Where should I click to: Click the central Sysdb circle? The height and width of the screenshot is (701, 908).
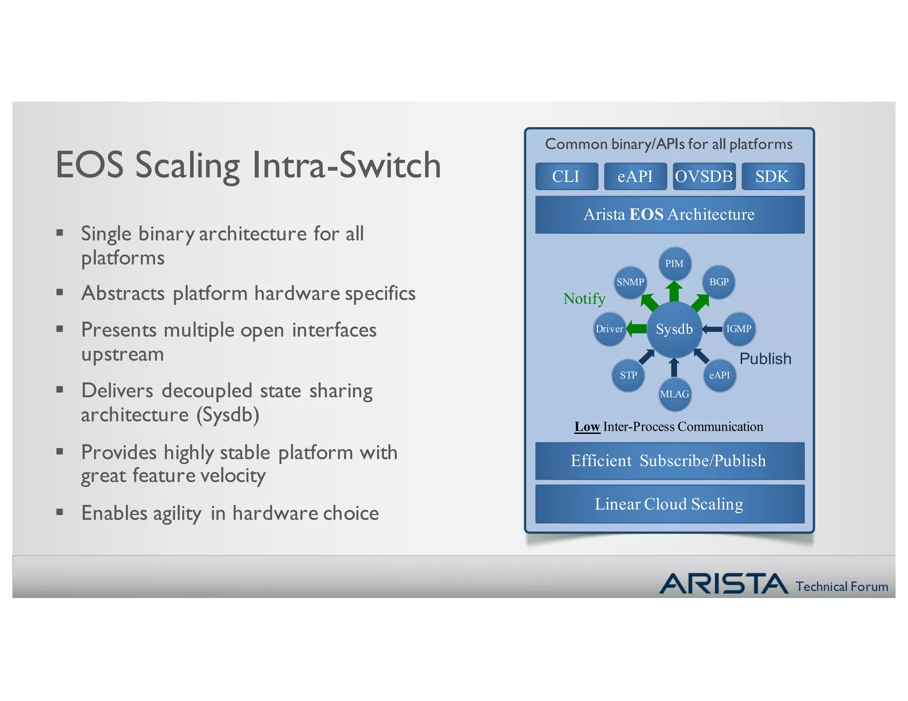pos(674,329)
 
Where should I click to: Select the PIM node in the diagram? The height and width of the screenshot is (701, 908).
pos(674,264)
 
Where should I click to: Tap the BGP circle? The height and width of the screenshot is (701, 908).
pos(719,282)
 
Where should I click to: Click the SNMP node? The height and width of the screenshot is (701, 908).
pos(630,282)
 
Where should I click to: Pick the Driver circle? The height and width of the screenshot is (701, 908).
pos(610,329)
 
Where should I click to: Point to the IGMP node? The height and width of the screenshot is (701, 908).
pos(739,329)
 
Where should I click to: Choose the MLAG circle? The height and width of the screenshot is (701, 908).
pos(674,394)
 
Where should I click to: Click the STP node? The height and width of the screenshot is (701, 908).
pos(628,375)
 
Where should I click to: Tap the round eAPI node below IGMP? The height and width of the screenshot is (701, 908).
pos(719,375)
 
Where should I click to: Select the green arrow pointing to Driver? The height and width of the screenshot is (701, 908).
pos(637,329)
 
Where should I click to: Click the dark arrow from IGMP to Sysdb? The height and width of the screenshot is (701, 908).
pos(712,329)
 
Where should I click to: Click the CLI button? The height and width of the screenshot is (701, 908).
pos(566,176)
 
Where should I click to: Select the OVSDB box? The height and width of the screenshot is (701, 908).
pos(704,176)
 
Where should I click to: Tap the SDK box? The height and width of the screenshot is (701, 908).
pos(772,176)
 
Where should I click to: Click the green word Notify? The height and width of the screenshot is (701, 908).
pos(584,299)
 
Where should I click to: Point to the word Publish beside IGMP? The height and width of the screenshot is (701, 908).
pos(765,358)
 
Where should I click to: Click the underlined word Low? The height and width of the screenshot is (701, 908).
pos(587,427)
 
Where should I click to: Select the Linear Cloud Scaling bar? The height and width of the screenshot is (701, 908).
pos(669,504)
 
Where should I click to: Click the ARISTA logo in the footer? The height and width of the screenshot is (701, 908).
pos(724,584)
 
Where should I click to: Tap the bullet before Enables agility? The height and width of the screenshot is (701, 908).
pos(60,513)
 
